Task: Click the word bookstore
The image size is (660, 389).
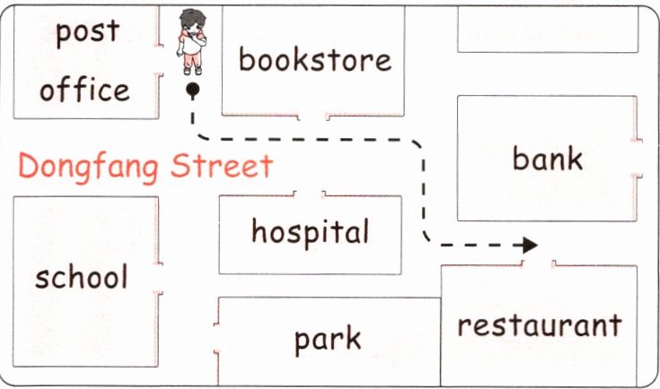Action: point(315,60)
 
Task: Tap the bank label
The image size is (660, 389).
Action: point(547,159)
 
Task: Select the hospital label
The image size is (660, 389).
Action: point(310,232)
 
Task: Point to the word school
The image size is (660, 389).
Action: point(82,277)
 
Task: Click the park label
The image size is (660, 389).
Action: point(328,339)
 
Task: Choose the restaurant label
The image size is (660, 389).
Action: point(539,324)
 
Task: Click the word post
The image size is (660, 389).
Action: point(87,32)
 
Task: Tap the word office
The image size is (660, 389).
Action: point(84,90)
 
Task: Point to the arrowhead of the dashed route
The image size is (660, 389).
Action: point(530,244)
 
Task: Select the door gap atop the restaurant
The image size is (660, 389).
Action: point(539,264)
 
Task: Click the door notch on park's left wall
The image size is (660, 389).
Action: point(217,339)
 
